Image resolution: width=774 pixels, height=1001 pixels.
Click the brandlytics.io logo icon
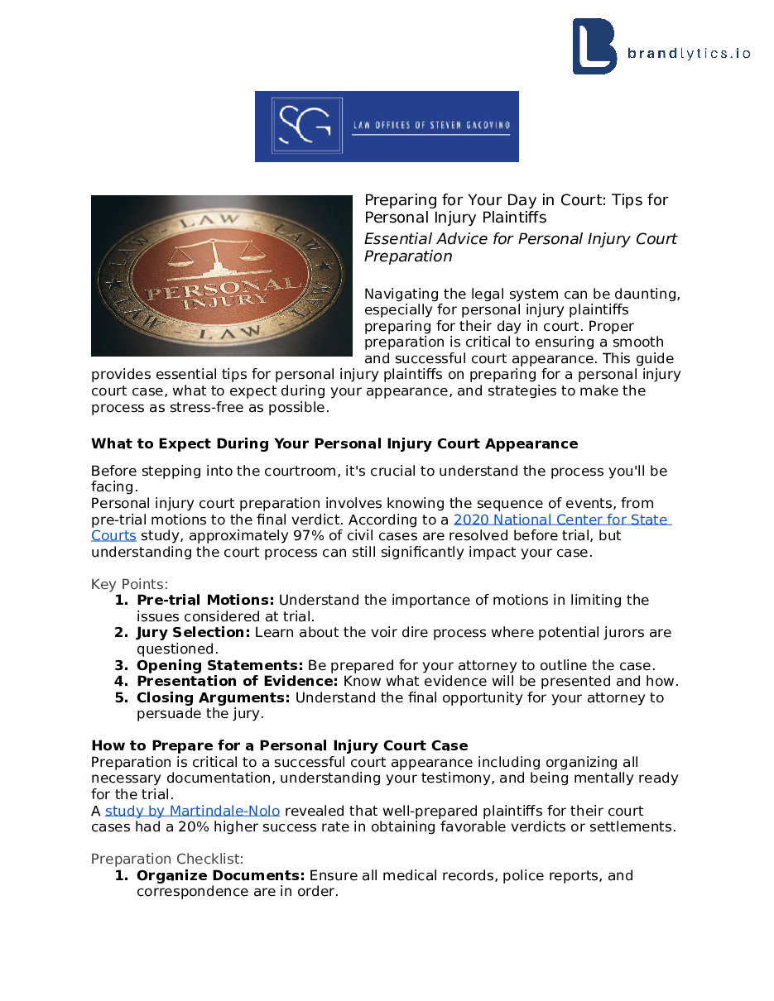click(x=594, y=46)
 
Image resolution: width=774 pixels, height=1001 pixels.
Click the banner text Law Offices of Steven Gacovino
click(x=431, y=126)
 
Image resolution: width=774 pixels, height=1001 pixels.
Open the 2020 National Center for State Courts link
click(x=560, y=520)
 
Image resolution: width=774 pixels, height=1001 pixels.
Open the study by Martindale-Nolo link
click(x=192, y=811)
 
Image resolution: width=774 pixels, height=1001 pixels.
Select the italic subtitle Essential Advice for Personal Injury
click(x=520, y=247)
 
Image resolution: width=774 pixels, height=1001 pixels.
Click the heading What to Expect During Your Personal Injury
click(x=334, y=443)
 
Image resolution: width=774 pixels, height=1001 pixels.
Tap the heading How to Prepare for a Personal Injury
click(x=279, y=745)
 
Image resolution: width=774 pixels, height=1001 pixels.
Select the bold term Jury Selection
click(x=193, y=632)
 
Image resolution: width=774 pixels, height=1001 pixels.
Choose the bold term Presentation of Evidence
click(x=237, y=681)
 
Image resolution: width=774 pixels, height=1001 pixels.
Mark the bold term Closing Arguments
click(x=214, y=697)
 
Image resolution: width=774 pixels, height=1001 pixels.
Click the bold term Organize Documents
click(x=220, y=875)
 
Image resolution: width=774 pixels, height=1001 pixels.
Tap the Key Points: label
click(x=129, y=584)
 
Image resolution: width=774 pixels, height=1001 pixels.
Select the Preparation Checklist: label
click(x=167, y=859)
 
